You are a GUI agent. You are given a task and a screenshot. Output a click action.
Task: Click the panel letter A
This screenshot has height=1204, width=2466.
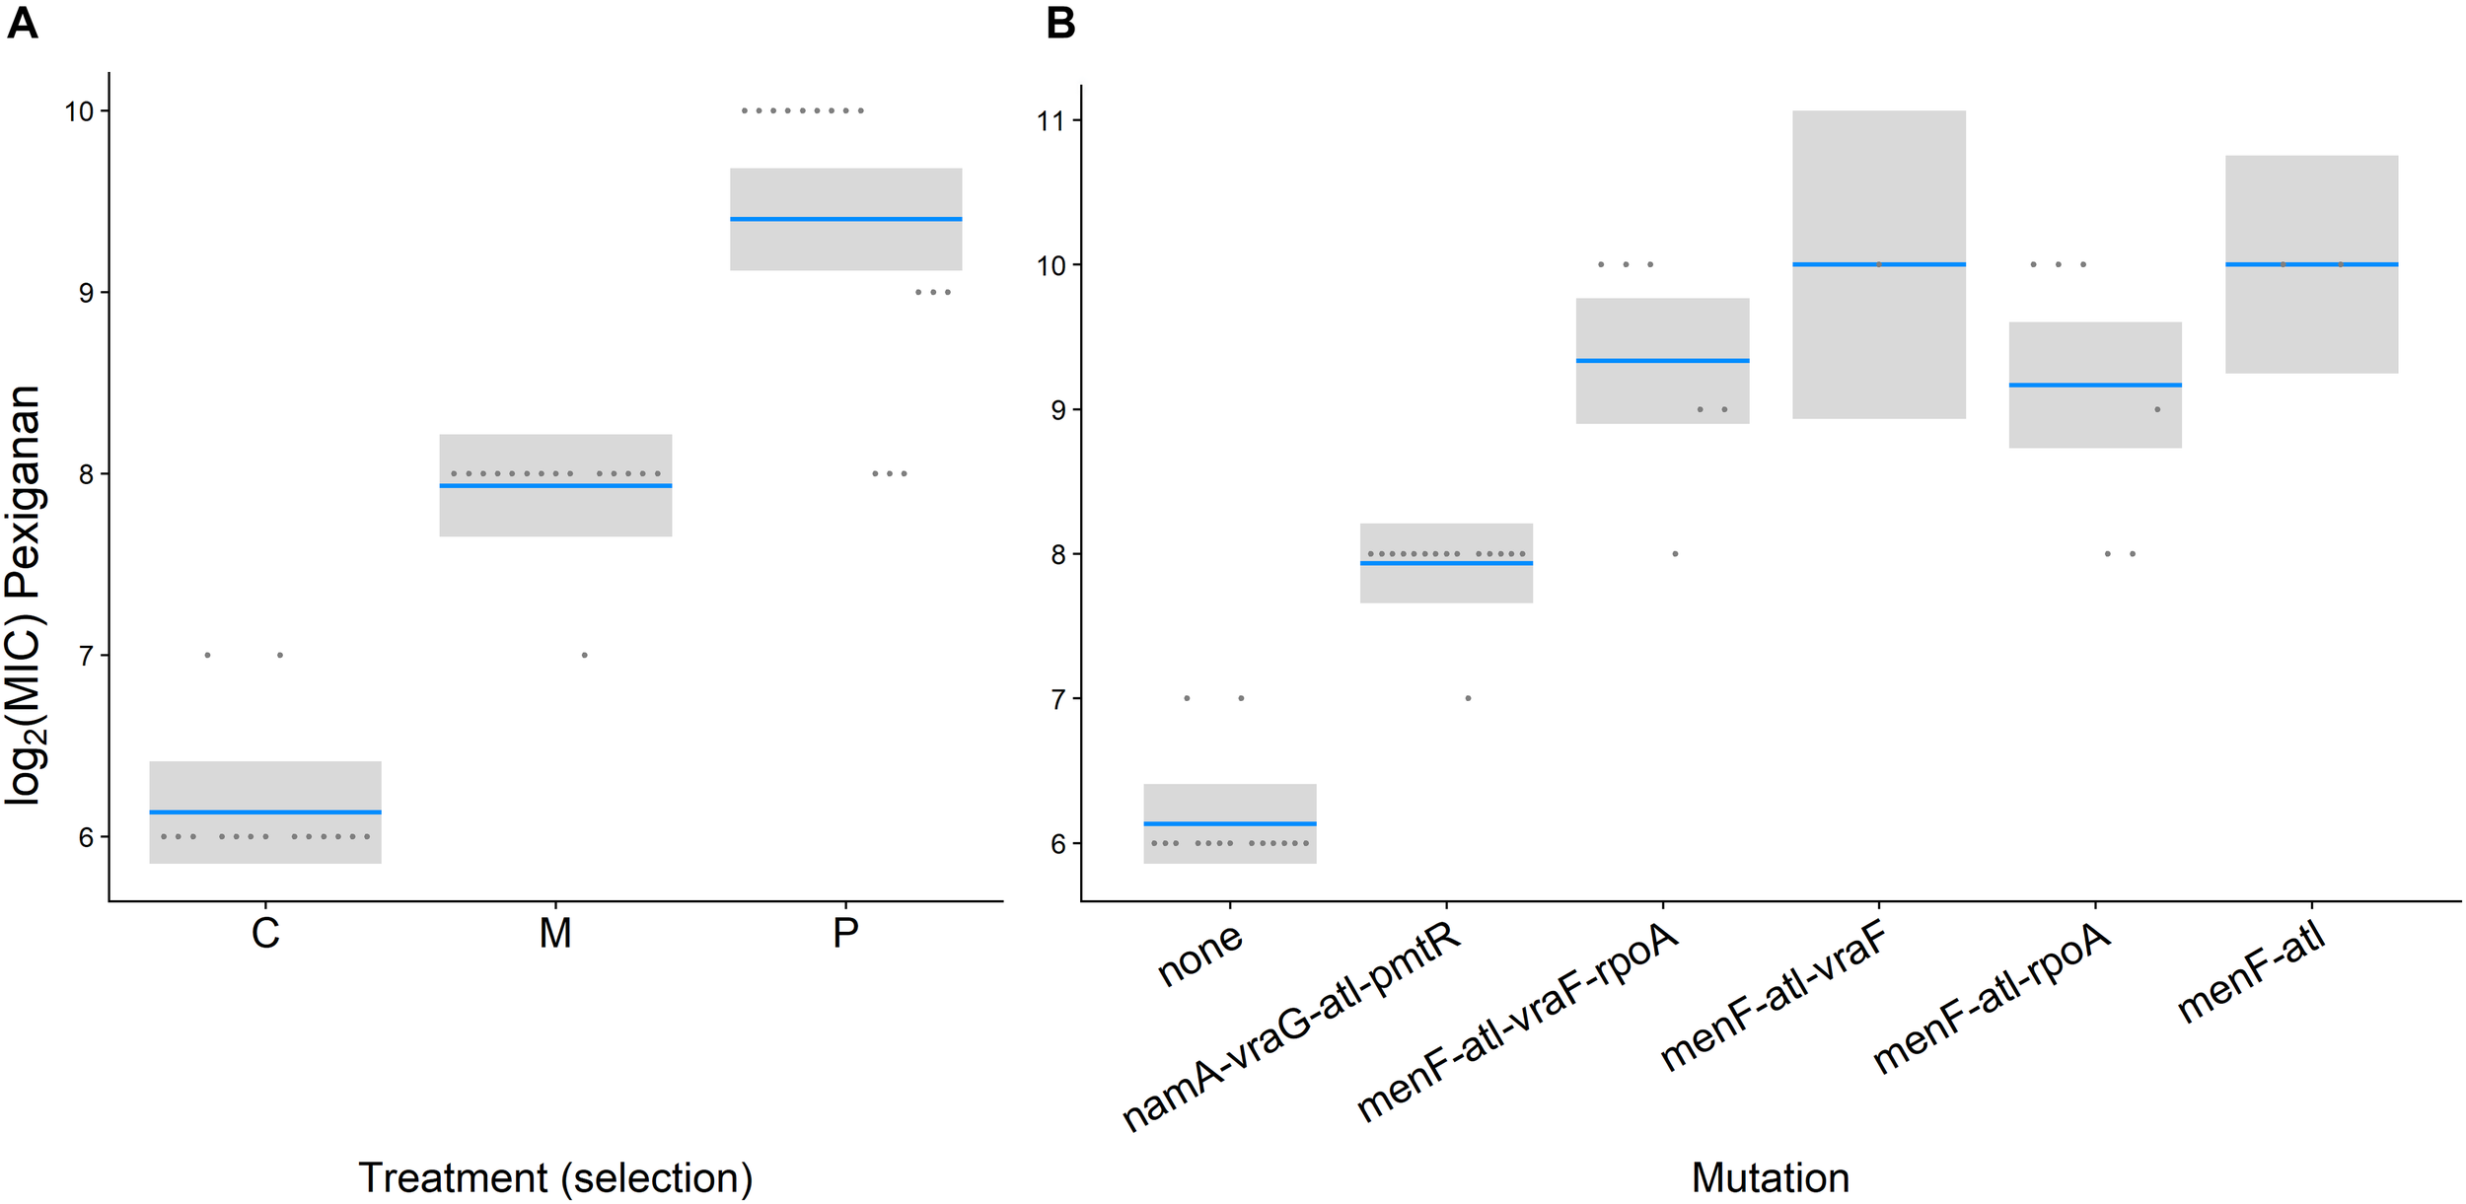[22, 23]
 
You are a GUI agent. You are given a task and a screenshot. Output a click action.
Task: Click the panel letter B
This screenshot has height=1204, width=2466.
[1060, 23]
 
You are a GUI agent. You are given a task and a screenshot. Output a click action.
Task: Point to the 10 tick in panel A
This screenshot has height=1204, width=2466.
[79, 111]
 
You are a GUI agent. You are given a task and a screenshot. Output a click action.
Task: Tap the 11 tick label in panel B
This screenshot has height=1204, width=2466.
[1051, 121]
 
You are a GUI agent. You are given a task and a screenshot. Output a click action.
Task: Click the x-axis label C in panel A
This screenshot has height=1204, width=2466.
[265, 933]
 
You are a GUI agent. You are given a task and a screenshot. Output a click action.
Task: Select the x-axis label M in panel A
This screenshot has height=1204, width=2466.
[555, 933]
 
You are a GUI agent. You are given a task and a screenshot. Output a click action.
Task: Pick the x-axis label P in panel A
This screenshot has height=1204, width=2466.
[845, 933]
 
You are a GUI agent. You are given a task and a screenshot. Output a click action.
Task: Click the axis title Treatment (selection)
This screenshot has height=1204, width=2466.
[555, 1177]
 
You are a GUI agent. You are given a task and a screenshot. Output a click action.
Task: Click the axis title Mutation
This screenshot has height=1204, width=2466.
[1771, 1177]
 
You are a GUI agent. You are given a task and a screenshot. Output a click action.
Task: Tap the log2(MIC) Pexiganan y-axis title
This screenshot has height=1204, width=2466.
[24, 596]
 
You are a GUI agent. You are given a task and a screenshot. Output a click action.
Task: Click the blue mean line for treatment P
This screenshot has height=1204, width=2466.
[845, 219]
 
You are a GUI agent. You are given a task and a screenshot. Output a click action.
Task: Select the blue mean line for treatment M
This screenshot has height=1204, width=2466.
[555, 485]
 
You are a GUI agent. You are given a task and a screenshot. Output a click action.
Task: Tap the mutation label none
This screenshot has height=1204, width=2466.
[1199, 955]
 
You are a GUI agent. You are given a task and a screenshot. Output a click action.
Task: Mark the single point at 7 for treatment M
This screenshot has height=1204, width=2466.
[585, 655]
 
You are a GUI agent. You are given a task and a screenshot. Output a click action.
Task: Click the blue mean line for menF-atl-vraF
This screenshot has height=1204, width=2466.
[1878, 264]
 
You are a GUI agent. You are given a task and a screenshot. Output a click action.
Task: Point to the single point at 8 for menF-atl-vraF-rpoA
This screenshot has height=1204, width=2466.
[1675, 554]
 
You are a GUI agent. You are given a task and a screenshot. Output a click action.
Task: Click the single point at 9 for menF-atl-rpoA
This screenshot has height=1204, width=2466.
[2157, 409]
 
